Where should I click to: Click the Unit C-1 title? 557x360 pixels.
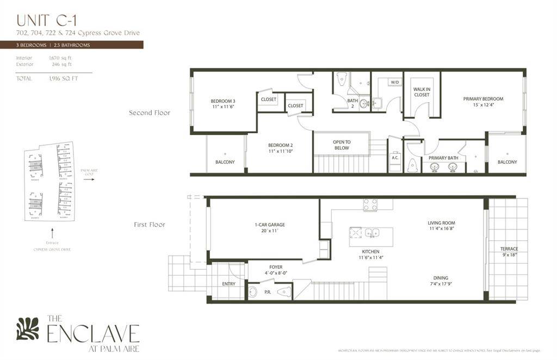(x=46, y=20)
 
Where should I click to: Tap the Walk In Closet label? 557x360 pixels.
(x=421, y=91)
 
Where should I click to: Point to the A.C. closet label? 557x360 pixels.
(x=395, y=158)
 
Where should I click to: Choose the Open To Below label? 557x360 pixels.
(x=342, y=145)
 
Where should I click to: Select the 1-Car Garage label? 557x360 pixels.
(x=269, y=227)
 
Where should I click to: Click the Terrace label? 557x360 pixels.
(x=509, y=252)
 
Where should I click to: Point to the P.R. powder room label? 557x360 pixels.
(x=268, y=291)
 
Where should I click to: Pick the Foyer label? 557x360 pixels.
(x=276, y=270)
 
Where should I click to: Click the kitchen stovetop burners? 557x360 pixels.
(x=370, y=204)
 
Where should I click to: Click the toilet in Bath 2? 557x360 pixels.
(x=342, y=79)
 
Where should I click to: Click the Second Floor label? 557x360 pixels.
(x=150, y=113)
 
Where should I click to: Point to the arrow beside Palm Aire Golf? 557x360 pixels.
(x=89, y=179)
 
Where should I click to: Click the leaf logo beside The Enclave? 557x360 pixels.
(x=28, y=328)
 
